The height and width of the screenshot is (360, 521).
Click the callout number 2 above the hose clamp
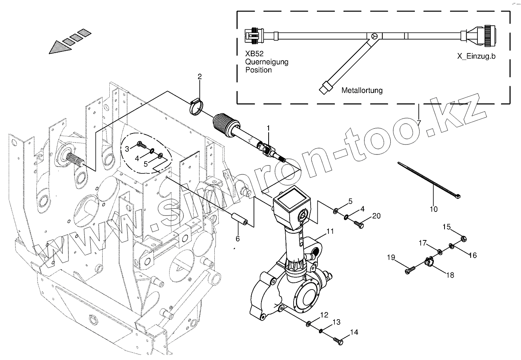[x=200, y=76]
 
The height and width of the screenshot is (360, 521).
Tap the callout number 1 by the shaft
[x=268, y=128]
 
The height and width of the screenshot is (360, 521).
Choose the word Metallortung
[x=362, y=90]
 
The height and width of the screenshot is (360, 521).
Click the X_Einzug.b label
[x=476, y=56]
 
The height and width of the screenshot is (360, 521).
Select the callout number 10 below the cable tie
[x=434, y=209]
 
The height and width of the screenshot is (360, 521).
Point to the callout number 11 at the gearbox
[x=330, y=231]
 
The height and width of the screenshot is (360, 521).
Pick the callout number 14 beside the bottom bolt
[x=354, y=332]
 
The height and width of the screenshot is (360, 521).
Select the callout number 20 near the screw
[x=376, y=216]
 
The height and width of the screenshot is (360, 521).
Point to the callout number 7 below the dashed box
[x=419, y=123]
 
